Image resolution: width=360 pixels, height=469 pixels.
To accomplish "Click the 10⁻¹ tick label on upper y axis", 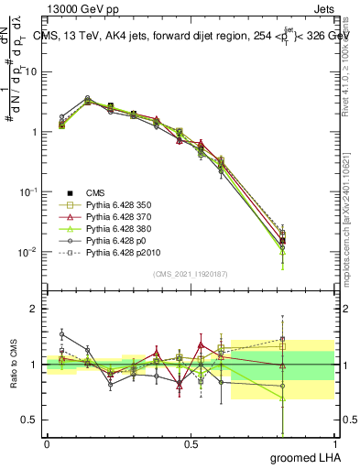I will [x=29, y=192].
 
